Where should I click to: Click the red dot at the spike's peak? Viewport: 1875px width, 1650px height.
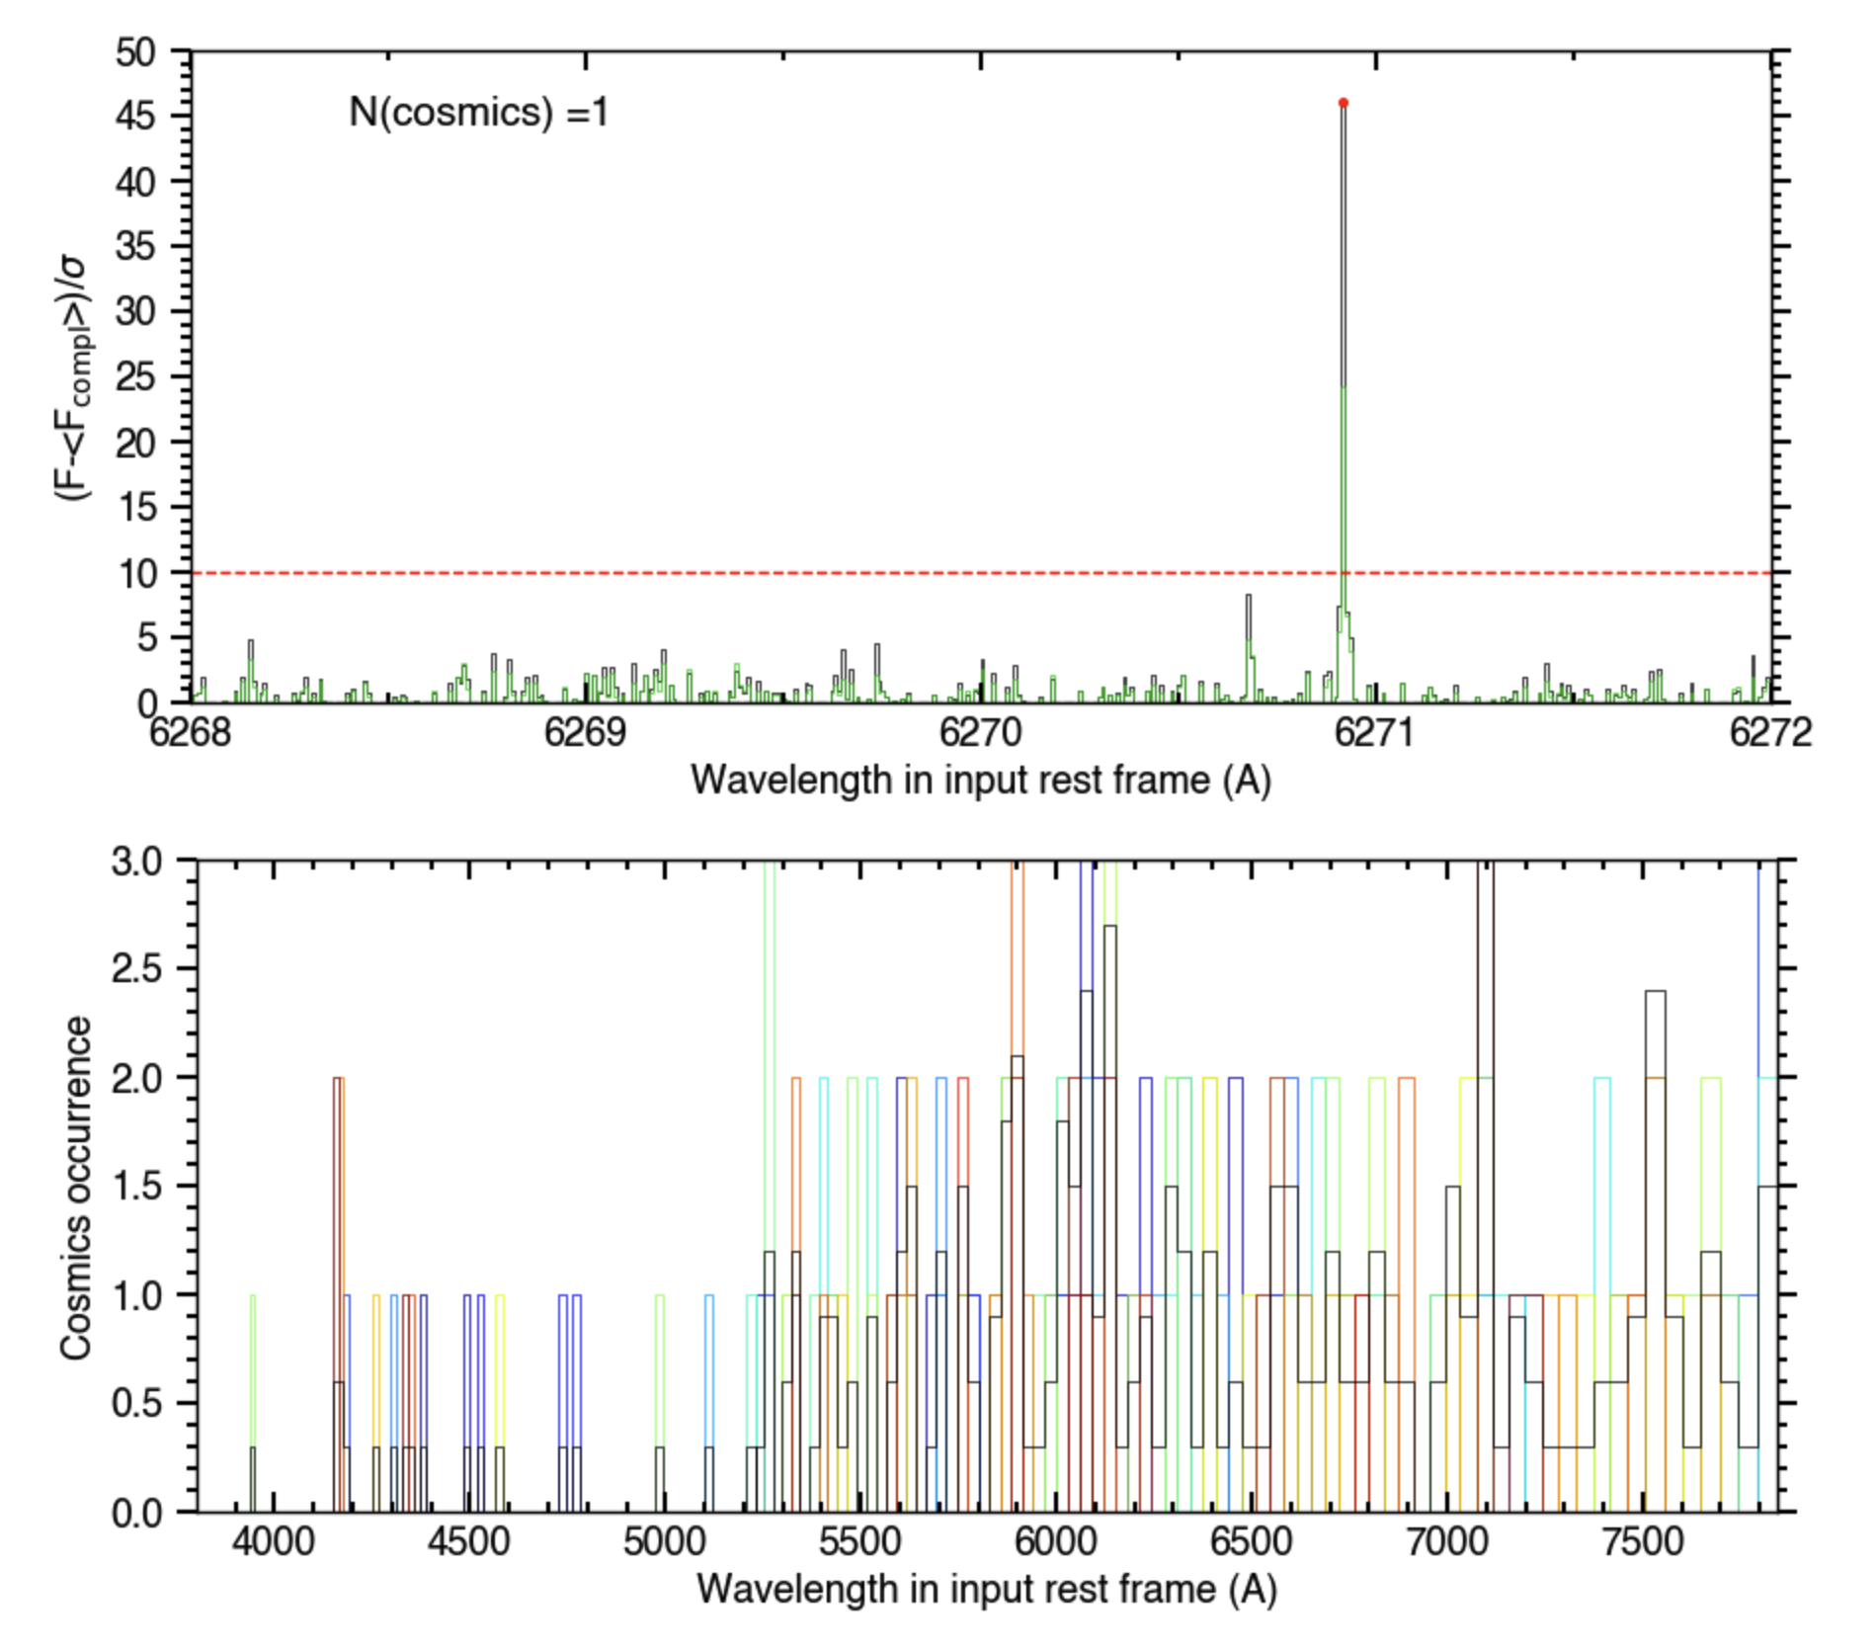coord(1343,103)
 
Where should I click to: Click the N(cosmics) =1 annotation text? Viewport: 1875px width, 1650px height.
coord(478,112)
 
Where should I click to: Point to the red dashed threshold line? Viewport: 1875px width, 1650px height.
coord(692,573)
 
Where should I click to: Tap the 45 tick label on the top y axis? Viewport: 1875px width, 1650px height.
coord(135,117)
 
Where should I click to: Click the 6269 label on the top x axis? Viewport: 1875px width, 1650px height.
coord(586,733)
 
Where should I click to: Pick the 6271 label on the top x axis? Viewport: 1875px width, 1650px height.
coord(1375,733)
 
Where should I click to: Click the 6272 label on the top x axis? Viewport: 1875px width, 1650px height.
coord(1770,733)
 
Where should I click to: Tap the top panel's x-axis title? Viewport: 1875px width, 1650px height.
coord(980,781)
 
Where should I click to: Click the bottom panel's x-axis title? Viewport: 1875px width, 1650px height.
coord(986,1589)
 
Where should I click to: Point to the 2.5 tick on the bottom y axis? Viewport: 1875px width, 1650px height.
coord(136,968)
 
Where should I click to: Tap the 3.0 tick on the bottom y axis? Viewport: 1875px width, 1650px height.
coord(136,862)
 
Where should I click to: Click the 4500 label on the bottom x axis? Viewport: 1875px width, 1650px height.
coord(468,1541)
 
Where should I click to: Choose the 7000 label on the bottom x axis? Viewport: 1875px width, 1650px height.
coord(1446,1541)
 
